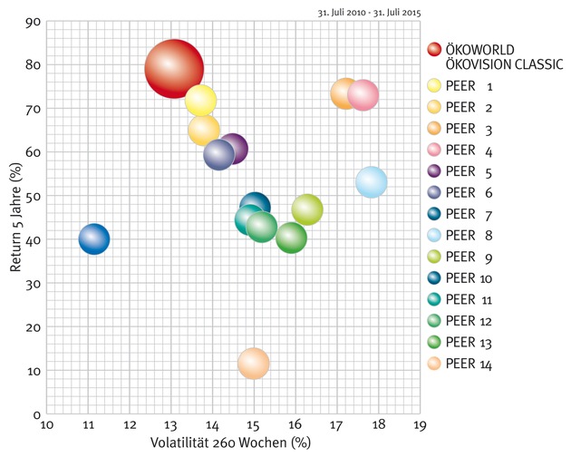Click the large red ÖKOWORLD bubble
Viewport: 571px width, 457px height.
click(174, 68)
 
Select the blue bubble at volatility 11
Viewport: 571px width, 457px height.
click(94, 239)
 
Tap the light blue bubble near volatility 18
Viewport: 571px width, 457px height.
click(372, 181)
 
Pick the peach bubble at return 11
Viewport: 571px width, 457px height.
click(254, 363)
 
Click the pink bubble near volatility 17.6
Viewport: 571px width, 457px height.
click(363, 94)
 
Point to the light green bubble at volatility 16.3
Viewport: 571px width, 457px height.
click(307, 210)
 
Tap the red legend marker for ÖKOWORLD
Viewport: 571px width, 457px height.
click(433, 50)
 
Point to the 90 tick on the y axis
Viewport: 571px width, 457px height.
click(33, 21)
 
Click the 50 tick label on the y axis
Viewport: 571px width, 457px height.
click(33, 196)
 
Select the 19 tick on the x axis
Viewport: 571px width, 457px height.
click(420, 423)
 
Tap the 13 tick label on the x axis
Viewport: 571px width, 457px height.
click(171, 423)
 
